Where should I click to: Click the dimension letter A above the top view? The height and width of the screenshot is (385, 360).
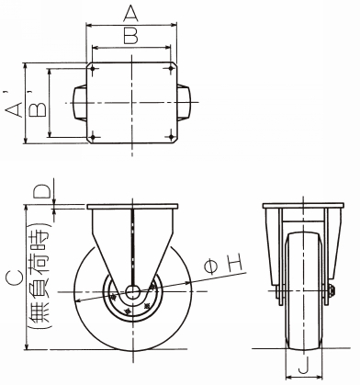tap(130, 14)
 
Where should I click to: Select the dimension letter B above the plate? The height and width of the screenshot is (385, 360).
tap(131, 35)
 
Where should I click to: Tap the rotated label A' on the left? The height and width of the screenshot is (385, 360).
tap(14, 105)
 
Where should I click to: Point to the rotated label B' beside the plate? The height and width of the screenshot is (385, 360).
tap(38, 104)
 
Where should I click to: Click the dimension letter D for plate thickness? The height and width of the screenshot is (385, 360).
tap(42, 192)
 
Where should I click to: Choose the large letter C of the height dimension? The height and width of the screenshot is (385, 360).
tap(14, 278)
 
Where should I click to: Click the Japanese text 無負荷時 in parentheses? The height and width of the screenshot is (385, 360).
tap(39, 277)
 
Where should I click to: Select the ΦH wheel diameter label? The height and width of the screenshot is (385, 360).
tap(224, 264)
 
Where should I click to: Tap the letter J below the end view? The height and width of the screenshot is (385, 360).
tap(303, 366)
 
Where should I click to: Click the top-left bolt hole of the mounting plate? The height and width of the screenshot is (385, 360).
tap(93, 69)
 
